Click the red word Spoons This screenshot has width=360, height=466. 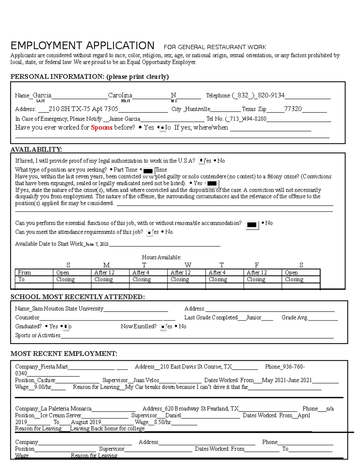[101, 128]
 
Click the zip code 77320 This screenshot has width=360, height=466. [293, 109]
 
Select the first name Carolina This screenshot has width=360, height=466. [120, 95]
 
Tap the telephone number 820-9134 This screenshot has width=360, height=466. [271, 95]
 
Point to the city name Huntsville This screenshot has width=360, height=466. [198, 109]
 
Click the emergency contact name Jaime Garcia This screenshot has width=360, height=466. [124, 119]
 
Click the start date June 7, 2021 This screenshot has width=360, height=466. [97, 244]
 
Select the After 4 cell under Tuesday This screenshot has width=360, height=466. [141, 272]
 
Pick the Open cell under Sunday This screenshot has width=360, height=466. [63, 272]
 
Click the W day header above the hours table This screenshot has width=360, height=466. [188, 265]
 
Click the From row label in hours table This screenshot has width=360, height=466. [24, 272]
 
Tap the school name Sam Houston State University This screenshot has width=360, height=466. [67, 308]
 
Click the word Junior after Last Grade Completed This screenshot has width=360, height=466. [253, 317]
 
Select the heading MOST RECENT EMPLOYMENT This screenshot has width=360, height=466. [64, 353]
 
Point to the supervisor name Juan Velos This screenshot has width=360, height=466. [146, 380]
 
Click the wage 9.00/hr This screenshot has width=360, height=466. [43, 387]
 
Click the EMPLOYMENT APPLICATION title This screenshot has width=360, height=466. [82, 46]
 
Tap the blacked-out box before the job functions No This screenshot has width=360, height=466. [252, 225]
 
